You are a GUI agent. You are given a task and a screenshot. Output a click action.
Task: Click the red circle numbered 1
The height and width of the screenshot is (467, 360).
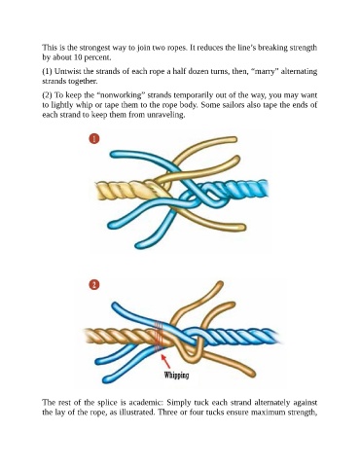pos(93,139)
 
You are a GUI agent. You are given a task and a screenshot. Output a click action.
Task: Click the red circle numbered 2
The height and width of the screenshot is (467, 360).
pos(93,285)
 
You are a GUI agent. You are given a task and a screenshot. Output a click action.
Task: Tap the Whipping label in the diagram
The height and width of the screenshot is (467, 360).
pos(176,376)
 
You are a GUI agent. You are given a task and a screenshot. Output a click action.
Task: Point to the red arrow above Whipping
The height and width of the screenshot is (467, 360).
pos(165,361)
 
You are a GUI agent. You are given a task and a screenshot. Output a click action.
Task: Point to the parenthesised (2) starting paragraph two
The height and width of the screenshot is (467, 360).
pos(47,95)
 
